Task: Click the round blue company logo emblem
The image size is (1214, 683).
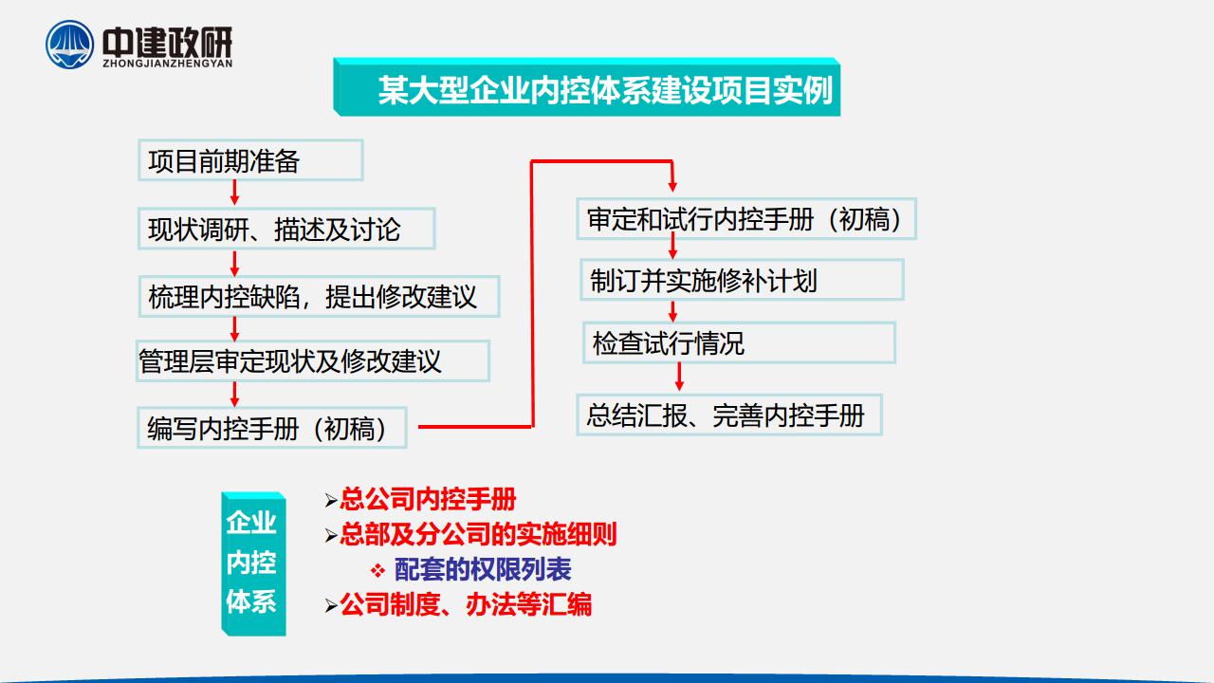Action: click(69, 45)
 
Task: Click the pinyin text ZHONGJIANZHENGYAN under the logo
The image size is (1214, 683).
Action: click(168, 64)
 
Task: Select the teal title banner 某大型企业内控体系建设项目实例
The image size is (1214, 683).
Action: click(586, 86)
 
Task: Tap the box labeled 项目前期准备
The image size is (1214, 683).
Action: click(250, 160)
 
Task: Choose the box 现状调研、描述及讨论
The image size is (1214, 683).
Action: click(286, 229)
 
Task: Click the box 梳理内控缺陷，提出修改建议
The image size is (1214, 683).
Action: click(320, 297)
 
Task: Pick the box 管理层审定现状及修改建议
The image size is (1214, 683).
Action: click(313, 361)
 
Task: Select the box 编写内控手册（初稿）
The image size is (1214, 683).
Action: click(272, 428)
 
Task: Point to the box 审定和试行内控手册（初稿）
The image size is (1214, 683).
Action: click(746, 219)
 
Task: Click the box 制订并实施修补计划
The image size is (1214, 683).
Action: click(742, 280)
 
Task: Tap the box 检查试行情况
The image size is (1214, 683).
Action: click(739, 342)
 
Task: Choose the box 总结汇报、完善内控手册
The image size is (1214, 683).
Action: click(729, 415)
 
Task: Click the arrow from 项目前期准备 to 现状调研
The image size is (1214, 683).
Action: click(234, 193)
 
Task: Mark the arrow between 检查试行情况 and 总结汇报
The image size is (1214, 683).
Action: click(679, 377)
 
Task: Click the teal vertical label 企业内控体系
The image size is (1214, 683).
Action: click(253, 563)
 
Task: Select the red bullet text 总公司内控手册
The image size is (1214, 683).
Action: click(428, 499)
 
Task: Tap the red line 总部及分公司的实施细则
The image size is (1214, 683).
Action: click(478, 534)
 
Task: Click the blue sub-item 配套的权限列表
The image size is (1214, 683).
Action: click(483, 569)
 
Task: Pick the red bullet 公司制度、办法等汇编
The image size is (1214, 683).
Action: click(466, 604)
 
